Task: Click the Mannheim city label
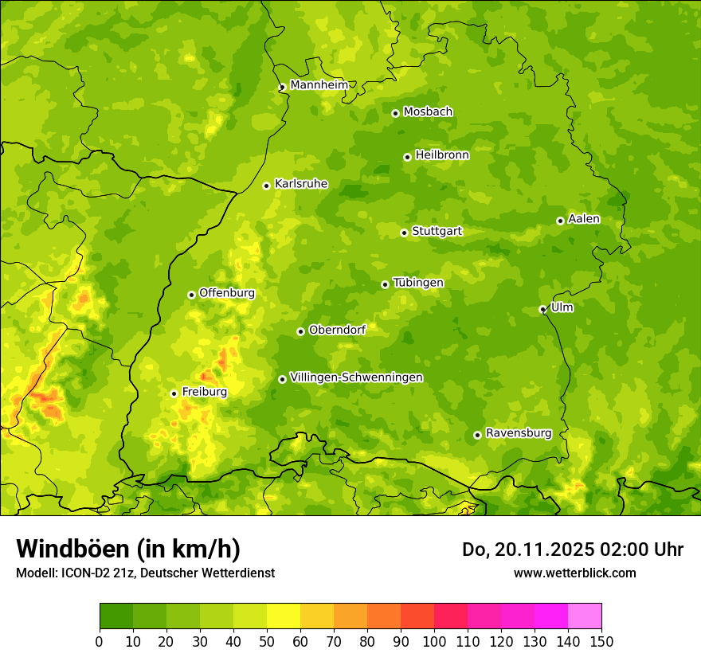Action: pos(319,85)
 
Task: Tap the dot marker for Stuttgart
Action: pos(404,233)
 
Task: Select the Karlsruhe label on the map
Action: pos(301,184)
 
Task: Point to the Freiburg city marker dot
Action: pos(174,393)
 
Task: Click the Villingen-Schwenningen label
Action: pos(357,377)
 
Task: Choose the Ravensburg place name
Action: pos(519,433)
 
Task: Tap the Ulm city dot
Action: pos(542,309)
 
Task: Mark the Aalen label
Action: pos(584,219)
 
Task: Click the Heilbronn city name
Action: pos(442,155)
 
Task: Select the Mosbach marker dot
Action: pos(395,113)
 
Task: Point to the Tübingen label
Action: pos(418,283)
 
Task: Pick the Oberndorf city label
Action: pos(337,330)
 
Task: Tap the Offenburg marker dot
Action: pos(191,295)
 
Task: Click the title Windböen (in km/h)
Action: pos(127,549)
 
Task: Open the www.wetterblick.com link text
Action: pos(574,573)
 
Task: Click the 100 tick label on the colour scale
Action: pos(434,641)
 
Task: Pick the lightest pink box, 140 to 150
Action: pos(585,616)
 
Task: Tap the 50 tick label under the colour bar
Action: pos(267,641)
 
